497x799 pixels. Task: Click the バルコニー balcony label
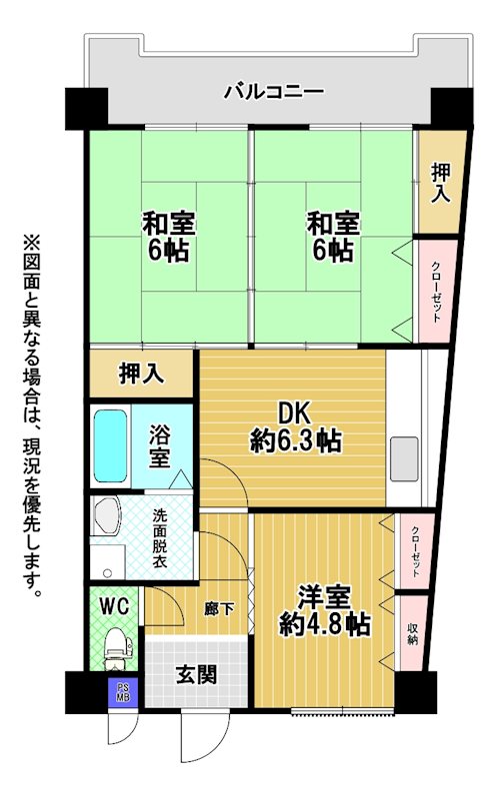[x=275, y=92]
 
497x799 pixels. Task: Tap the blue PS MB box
[x=122, y=693]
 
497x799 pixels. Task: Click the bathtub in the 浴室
[x=110, y=445]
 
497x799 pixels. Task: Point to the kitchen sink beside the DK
[x=404, y=458]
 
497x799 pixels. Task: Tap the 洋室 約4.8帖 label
[x=325, y=611]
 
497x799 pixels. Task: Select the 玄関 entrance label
[x=196, y=675]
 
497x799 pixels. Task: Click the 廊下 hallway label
[x=219, y=609]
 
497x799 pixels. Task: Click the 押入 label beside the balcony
[x=441, y=183]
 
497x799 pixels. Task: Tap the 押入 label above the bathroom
[x=141, y=373]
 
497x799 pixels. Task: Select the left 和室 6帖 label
[x=168, y=237]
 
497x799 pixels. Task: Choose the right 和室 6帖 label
[x=333, y=237]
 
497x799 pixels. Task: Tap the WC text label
[x=114, y=606]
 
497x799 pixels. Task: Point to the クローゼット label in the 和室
[x=436, y=292]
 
